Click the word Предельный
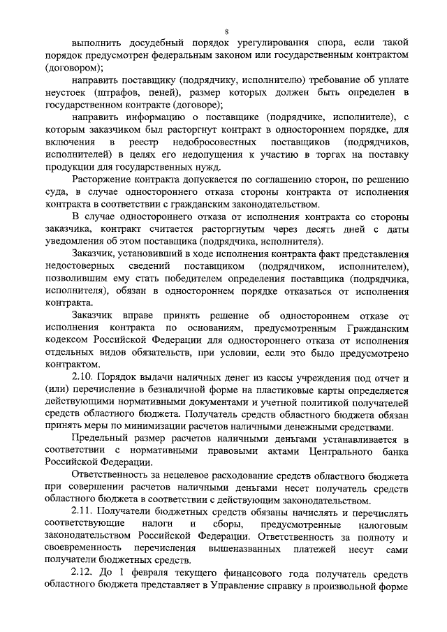click(101, 439)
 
